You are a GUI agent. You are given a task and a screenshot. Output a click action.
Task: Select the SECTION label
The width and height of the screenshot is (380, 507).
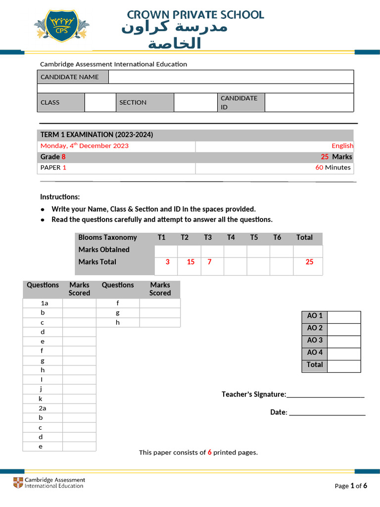[133, 102]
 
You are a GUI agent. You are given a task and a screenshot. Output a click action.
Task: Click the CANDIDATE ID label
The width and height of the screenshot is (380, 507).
[239, 102]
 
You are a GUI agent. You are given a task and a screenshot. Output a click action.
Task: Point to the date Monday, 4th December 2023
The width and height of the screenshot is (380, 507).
[84, 146]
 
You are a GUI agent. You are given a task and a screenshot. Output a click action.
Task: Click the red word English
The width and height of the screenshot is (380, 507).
[342, 146]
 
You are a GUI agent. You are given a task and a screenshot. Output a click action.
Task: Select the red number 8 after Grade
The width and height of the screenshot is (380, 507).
[63, 156]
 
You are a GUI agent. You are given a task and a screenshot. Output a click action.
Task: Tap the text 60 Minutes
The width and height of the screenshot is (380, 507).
[333, 167]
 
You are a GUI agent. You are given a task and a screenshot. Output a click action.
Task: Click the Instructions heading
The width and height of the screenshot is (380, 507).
[59, 197]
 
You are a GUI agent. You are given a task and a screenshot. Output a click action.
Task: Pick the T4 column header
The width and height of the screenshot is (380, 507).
[231, 238]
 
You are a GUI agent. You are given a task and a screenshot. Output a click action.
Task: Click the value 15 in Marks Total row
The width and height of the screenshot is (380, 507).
[190, 262]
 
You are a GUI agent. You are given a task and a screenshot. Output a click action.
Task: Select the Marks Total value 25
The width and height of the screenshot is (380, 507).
[309, 262]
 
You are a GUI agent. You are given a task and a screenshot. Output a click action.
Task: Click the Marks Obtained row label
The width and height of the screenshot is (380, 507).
[104, 250]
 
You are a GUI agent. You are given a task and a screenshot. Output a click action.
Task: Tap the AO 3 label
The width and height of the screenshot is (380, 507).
[315, 340]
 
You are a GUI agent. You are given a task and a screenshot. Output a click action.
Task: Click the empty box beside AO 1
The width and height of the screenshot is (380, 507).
[344, 316]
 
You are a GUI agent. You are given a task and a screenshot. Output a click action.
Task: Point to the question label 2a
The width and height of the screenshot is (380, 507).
[43, 408]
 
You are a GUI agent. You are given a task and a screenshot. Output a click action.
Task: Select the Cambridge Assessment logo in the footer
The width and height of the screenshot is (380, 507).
[49, 483]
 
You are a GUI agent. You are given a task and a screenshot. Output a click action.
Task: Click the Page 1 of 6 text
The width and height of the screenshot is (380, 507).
[351, 486]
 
